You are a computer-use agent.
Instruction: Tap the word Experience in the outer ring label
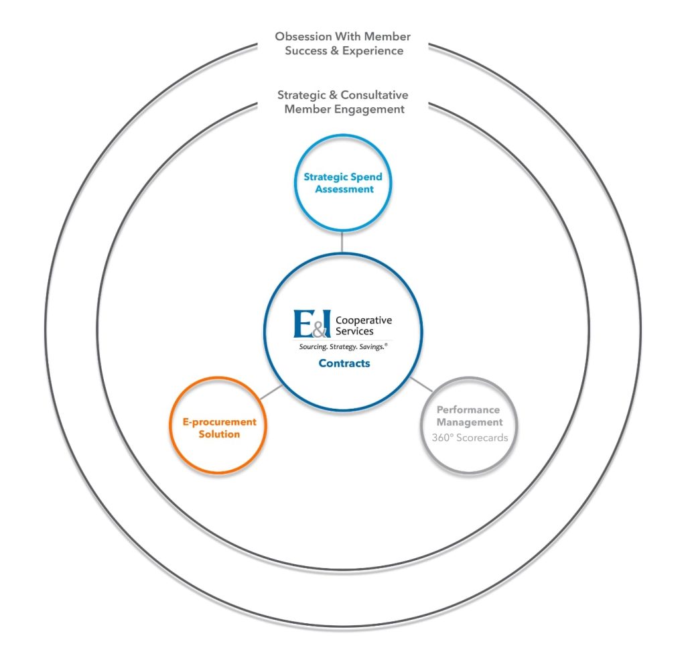coord(372,51)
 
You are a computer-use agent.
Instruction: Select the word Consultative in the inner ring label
coord(374,95)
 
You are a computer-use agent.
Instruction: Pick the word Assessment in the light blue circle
coord(344,189)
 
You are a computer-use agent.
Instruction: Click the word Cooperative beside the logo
coord(364,320)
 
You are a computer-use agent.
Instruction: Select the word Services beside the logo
coord(354,331)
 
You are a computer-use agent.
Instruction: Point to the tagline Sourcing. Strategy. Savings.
coord(343,346)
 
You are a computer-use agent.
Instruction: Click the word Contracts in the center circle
coord(344,363)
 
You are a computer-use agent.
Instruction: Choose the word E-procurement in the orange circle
coord(219,422)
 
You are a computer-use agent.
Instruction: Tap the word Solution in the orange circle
coord(219,434)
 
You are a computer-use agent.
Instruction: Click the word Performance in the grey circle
coord(468,410)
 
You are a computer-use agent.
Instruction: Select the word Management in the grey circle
coord(470,423)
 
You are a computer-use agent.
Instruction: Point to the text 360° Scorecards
coord(470,438)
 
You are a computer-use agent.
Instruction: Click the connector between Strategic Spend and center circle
coord(342,242)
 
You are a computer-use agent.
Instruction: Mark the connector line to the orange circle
coord(271,393)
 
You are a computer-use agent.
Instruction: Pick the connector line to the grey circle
coord(422,385)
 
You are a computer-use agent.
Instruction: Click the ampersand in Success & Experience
coord(335,51)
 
